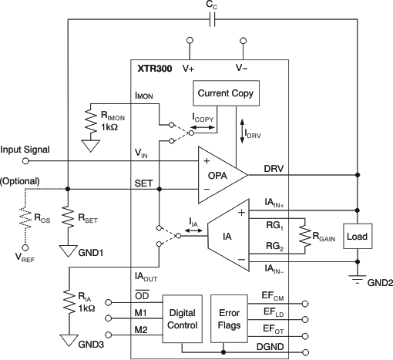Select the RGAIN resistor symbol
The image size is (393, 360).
tap(305, 237)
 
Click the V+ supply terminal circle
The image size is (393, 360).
tap(189, 40)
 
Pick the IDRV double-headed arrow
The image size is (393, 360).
tap(244, 127)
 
